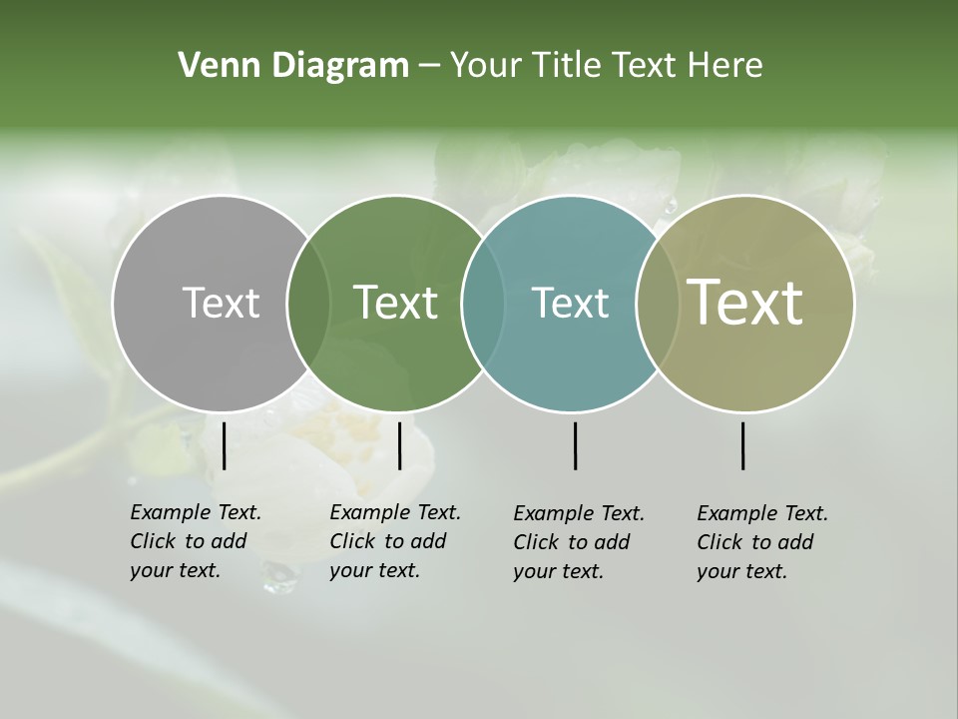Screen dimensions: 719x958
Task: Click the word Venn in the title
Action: pos(211,66)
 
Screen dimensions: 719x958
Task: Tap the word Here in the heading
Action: pos(724,66)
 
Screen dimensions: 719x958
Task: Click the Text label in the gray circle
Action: pos(221,303)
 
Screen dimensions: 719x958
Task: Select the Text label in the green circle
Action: pos(395,303)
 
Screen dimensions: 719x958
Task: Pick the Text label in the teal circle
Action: pos(570,303)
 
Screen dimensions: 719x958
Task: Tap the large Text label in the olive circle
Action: pos(744,303)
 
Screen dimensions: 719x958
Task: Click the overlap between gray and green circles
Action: pos(308,304)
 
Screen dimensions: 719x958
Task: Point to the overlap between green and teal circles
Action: pos(483,304)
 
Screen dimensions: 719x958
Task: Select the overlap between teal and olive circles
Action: pos(658,304)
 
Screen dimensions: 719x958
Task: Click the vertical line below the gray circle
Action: pos(224,445)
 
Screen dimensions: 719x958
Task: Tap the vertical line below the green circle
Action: pos(399,445)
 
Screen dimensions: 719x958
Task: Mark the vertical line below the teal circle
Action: pos(575,445)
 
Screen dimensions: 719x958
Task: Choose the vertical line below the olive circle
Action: pos(742,445)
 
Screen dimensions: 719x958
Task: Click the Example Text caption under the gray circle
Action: pos(196,541)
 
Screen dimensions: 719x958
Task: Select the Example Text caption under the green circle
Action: pos(395,541)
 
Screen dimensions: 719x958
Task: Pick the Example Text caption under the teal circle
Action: pos(579,542)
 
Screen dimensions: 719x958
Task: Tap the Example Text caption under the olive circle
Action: pos(762,542)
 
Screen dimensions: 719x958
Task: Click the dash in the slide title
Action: pos(429,67)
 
